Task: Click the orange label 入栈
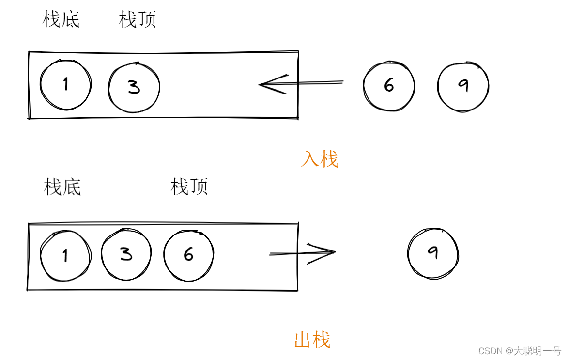click(319, 159)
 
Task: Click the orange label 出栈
click(312, 340)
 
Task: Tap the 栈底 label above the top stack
click(61, 20)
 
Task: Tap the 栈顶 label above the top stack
click(138, 20)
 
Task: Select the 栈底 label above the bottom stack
click(62, 187)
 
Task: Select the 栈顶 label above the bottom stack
click(189, 187)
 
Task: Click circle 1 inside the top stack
click(65, 85)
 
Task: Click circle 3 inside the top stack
click(134, 87)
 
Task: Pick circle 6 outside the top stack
click(389, 86)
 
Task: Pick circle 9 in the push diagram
click(463, 86)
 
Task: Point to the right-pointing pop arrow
click(303, 252)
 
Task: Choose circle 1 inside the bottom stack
click(65, 255)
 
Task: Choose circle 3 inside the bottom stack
click(126, 253)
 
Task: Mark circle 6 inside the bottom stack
click(188, 254)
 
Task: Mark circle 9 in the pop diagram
click(433, 254)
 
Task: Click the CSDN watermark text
click(519, 351)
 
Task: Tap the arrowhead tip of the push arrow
click(260, 84)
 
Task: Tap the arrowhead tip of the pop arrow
click(335, 251)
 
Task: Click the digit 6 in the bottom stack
click(188, 254)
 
